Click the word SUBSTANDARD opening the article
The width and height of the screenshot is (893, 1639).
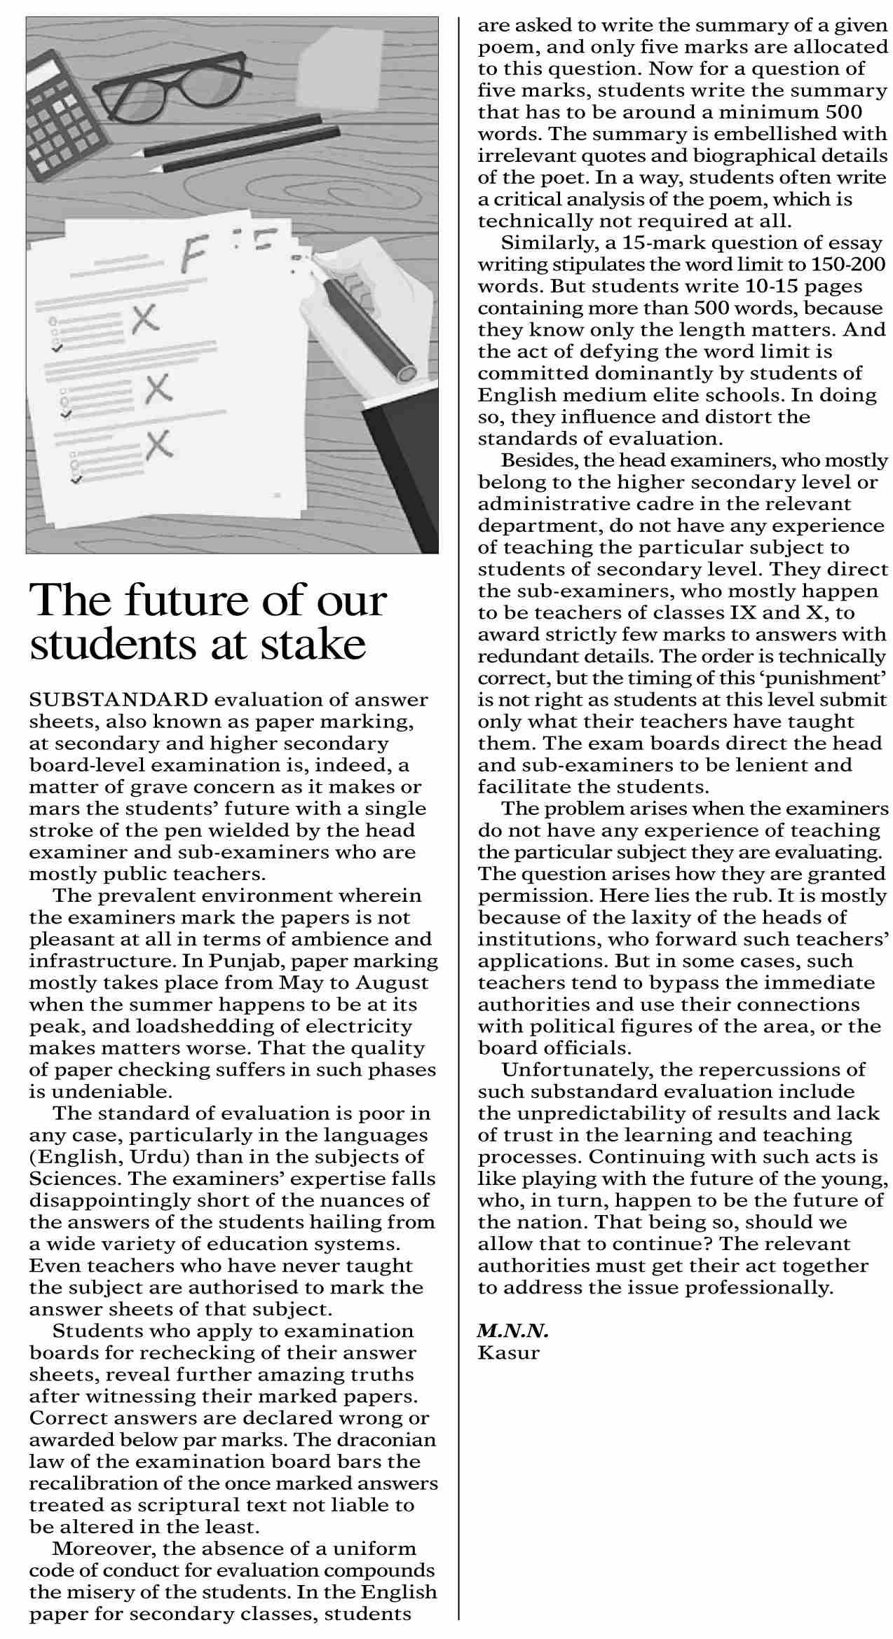point(118,700)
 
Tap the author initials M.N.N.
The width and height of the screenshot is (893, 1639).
point(512,1331)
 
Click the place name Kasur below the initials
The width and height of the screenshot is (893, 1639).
point(508,1352)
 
